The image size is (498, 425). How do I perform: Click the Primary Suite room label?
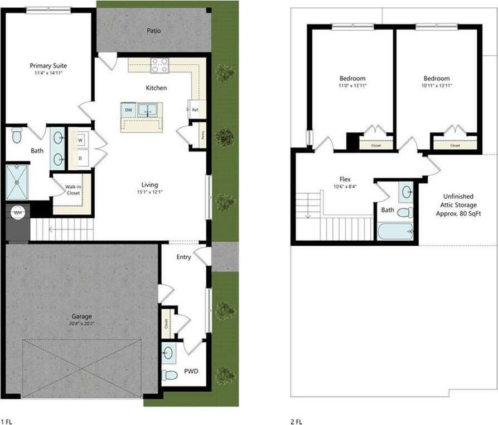(x=48, y=65)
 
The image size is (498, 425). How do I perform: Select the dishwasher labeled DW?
(x=128, y=110)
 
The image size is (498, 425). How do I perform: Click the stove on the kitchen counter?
(x=159, y=65)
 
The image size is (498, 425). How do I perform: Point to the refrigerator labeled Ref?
(x=195, y=109)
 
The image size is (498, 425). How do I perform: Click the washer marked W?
(x=79, y=139)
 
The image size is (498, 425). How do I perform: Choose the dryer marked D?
(x=79, y=158)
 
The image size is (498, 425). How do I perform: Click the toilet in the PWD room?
(x=169, y=375)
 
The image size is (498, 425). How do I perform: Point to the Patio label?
(x=154, y=31)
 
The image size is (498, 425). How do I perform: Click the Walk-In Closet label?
(x=73, y=190)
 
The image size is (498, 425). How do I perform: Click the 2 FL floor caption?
(x=297, y=421)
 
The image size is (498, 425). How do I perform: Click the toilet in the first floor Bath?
(x=17, y=135)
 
